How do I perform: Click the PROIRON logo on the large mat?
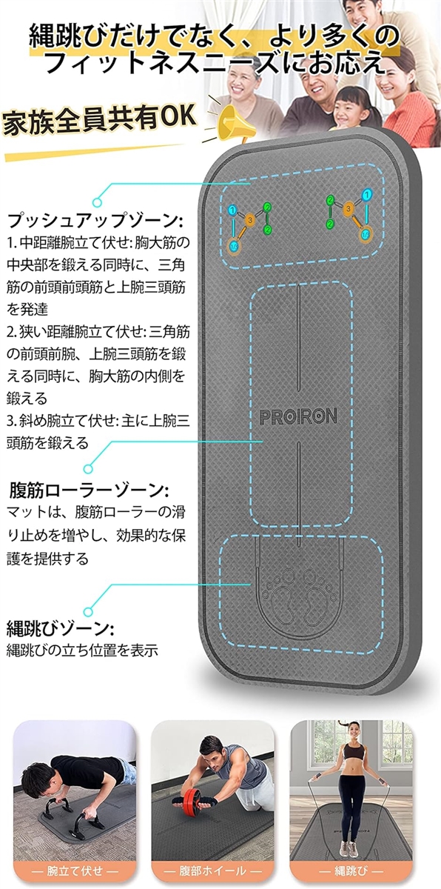tap(298, 416)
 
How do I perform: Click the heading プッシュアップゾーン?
tap(95, 221)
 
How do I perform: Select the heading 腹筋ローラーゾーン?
tap(90, 491)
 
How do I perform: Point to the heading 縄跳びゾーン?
tap(60, 628)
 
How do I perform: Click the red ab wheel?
tap(191, 801)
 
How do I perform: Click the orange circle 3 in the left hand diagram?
tap(250, 219)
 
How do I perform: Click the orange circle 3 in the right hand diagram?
tap(349, 208)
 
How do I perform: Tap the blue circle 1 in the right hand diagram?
tap(368, 194)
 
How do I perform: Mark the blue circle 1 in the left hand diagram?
tap(233, 210)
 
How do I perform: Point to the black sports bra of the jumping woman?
tap(354, 750)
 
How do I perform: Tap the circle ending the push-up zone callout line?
tap(97, 202)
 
